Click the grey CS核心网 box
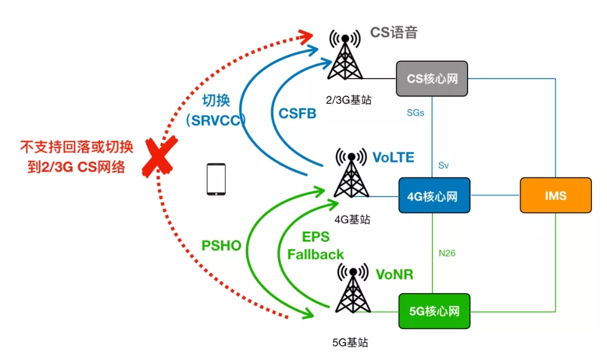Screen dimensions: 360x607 pos(432,78)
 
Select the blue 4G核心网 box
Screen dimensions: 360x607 pos(432,195)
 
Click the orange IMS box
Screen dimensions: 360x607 pos(555,195)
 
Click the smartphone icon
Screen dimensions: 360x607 pos(216,180)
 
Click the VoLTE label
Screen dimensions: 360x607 pos(393,158)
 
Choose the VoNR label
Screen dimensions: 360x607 pos(395,275)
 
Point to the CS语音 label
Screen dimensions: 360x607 pos(393,33)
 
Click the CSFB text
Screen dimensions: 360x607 pos(297,113)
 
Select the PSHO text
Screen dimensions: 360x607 pos(221,246)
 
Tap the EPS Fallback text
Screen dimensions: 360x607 pos(315,245)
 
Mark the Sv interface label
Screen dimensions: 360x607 pos(443,166)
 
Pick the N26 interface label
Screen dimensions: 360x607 pos(446,253)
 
